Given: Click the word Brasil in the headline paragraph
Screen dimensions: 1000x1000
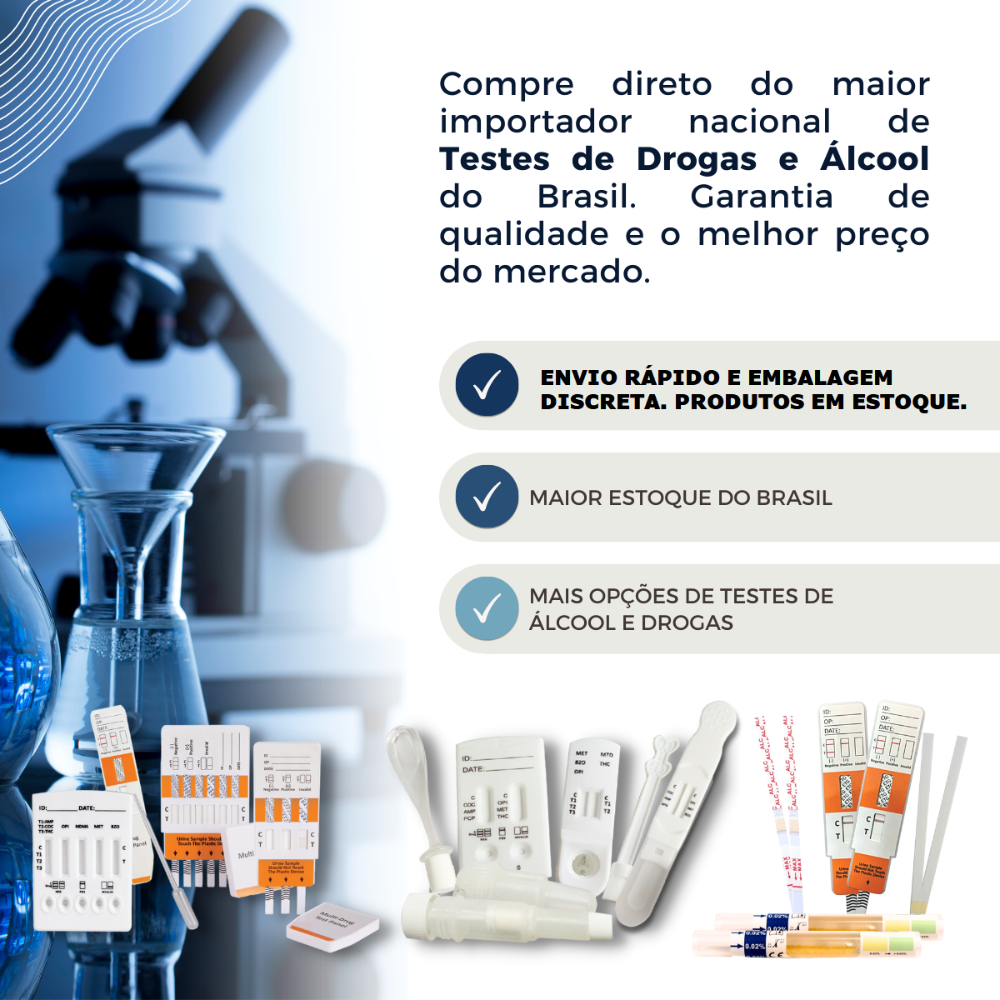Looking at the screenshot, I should (586, 197).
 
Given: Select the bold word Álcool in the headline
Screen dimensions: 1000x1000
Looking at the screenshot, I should (874, 159).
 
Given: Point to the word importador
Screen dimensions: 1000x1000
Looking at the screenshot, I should (536, 122).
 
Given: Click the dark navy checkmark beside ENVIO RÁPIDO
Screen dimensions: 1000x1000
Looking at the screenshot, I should (487, 385).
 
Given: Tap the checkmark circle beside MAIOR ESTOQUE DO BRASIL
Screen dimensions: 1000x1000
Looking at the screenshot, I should (487, 497).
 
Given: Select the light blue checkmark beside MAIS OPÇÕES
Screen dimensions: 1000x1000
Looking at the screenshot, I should (487, 608).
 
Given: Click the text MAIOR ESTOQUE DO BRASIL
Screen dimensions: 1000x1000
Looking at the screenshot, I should (680, 498).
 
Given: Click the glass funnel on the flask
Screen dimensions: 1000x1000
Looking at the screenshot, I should (133, 467).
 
